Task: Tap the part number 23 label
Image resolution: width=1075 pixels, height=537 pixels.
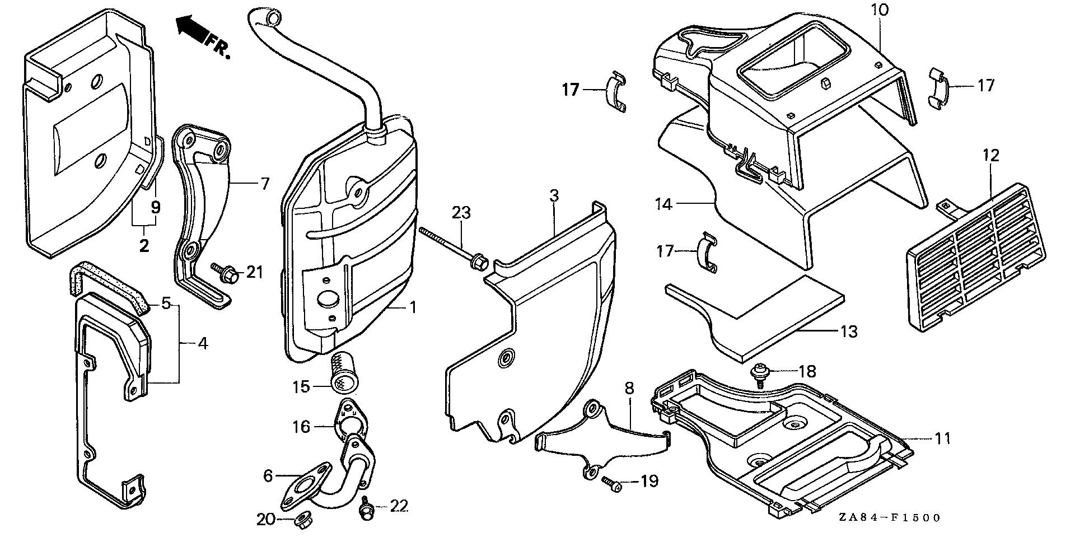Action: [x=462, y=213]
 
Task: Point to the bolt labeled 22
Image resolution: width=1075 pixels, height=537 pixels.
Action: [x=367, y=509]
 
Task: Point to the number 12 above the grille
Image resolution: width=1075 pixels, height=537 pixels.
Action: [x=990, y=155]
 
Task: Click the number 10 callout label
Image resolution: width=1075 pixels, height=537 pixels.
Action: [x=879, y=10]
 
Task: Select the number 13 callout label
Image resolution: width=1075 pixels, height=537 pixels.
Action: [x=848, y=331]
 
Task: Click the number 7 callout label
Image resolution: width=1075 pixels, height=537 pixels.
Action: [x=264, y=183]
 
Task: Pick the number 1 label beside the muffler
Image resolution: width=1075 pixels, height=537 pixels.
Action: [x=413, y=307]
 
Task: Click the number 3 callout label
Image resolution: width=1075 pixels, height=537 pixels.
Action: [x=553, y=197]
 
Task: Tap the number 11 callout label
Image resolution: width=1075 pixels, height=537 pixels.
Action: [x=943, y=438]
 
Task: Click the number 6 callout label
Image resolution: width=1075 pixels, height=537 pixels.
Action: [x=268, y=476]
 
